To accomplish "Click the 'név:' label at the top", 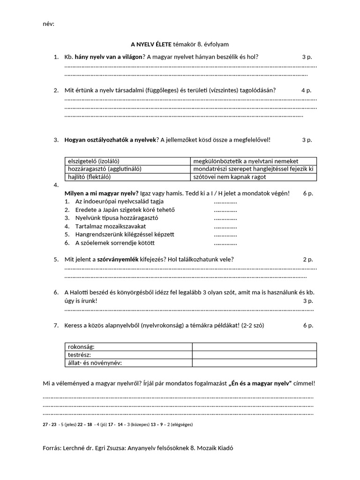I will (x=48, y=24).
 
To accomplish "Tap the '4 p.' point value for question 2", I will (x=306, y=90).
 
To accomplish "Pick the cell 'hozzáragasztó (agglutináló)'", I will (x=105, y=169).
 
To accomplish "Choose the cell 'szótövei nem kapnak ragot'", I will (x=229, y=177).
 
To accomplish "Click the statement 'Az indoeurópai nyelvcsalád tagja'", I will (x=119, y=202).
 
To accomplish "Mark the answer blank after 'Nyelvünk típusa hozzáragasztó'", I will (x=225, y=218).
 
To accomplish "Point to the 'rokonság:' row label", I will (x=82, y=347).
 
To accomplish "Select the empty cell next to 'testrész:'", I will (x=254, y=355).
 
